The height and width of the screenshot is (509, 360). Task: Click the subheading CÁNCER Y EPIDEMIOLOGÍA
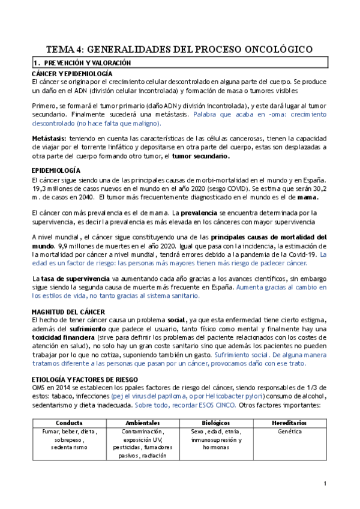click(71, 73)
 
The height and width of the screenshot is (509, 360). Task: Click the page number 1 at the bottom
click(324, 484)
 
